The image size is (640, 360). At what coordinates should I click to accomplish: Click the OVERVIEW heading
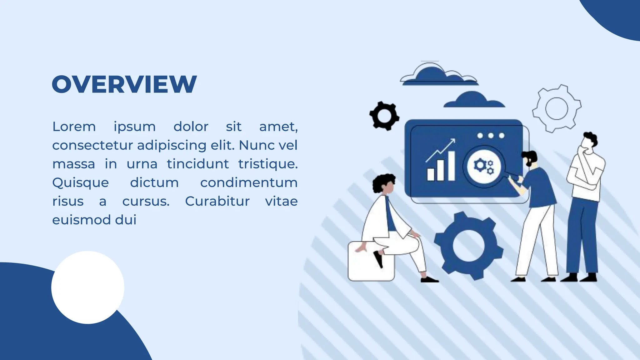pos(124,84)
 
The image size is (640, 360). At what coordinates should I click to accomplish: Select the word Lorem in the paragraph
pos(74,127)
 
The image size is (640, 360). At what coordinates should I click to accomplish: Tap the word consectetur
pos(92,145)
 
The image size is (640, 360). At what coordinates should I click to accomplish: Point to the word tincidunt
pos(197,164)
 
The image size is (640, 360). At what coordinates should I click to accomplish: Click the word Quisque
pos(81,183)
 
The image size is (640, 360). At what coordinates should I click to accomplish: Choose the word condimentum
pos(249,183)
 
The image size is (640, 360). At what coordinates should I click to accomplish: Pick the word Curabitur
pos(217,202)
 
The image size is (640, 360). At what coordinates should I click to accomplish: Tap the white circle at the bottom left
pos(88,287)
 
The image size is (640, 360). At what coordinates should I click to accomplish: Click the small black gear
pos(384,116)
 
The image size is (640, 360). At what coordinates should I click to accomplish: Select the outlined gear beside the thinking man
pos(557,108)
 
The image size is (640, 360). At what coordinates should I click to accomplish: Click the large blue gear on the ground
pos(468,246)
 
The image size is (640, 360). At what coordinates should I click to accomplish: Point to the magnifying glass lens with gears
pos(484,166)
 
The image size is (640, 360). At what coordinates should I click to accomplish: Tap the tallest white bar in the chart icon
pos(451,166)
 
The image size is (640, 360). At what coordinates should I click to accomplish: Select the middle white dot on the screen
pos(491,136)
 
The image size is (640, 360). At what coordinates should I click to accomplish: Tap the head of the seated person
pos(386,184)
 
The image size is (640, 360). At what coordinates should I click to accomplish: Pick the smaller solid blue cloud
pos(474,100)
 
